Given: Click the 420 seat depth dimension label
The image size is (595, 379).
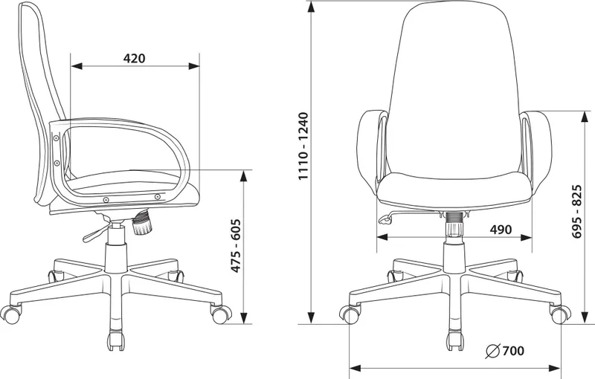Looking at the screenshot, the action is [x=135, y=59].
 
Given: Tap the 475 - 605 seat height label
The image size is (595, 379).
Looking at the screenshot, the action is [x=236, y=245].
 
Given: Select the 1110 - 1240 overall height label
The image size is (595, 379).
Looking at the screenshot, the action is [x=304, y=146].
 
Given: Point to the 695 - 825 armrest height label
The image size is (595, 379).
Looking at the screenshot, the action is [x=577, y=212].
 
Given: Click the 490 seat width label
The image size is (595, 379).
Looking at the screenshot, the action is [x=501, y=230].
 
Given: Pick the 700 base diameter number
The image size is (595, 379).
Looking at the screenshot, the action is [x=513, y=351].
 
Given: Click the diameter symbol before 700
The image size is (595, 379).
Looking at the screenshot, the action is [x=492, y=352].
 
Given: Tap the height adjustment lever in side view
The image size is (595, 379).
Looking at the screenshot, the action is [x=96, y=233].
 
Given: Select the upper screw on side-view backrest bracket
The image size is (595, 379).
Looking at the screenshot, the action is [x=57, y=138].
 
